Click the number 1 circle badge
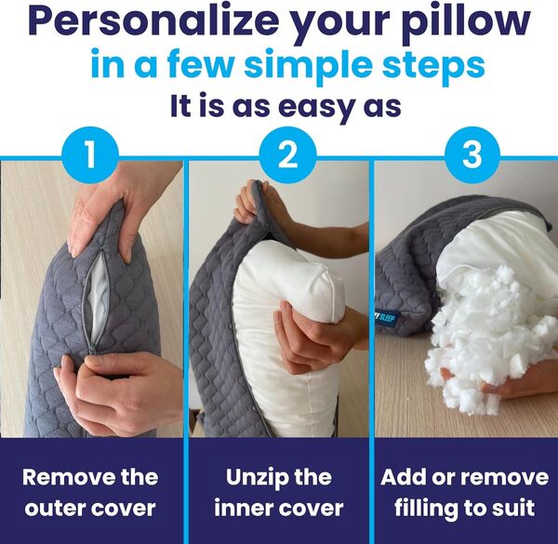tap(89, 154)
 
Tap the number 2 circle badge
tap(281, 154)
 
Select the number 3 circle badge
tap(472, 154)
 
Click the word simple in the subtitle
tap(318, 66)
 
